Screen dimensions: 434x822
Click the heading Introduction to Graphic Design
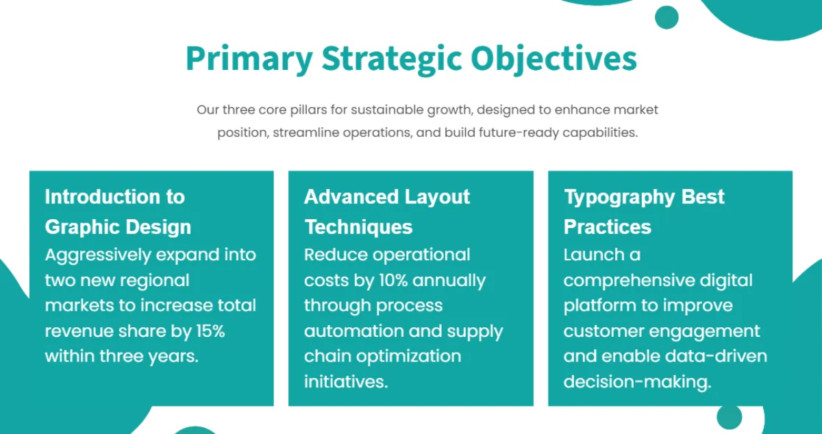[x=118, y=212]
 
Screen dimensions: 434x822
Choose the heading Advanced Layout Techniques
[x=387, y=212]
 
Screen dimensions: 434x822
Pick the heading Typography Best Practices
[x=644, y=212]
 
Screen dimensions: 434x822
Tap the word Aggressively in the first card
[x=98, y=255]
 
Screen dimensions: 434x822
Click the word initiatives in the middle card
[x=346, y=382]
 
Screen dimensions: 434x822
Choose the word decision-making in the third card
[x=637, y=382]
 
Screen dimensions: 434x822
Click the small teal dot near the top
[x=666, y=17]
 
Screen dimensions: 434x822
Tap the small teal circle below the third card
[x=729, y=417]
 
